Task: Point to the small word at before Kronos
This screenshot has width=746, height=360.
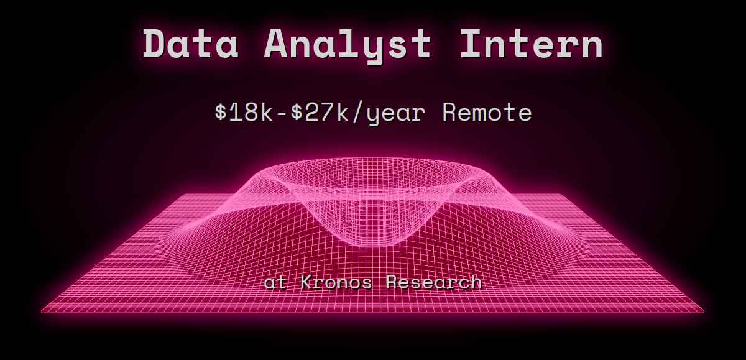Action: pyautogui.click(x=276, y=283)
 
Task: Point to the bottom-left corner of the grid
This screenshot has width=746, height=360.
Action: pyautogui.click(x=42, y=310)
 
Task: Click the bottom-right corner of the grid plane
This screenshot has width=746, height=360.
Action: pyautogui.click(x=704, y=310)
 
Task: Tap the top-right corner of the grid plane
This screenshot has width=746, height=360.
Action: pyautogui.click(x=566, y=195)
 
